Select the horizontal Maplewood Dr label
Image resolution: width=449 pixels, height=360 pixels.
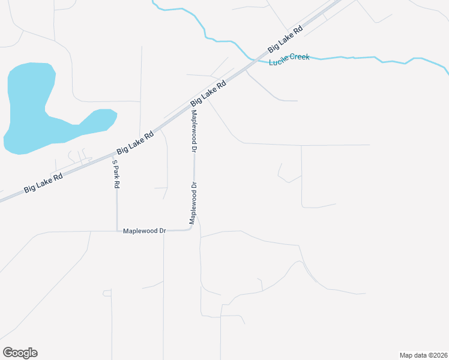[x=144, y=230]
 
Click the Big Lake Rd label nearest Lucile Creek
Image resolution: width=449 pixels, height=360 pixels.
[x=285, y=38]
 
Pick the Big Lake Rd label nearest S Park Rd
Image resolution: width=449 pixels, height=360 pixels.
[x=135, y=143]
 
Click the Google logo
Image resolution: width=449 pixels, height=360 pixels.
[x=20, y=353]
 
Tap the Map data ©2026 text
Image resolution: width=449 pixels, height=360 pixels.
[x=423, y=355]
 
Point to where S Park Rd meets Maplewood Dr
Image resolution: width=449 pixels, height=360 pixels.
[x=116, y=230]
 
